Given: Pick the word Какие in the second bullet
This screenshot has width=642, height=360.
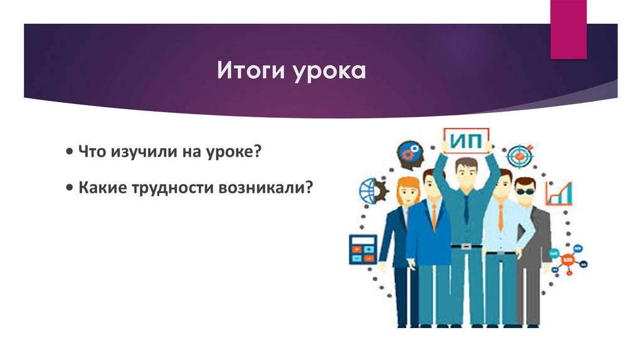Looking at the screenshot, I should pyautogui.click(x=100, y=188).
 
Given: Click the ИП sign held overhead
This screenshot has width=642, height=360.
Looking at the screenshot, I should pyautogui.click(x=466, y=140).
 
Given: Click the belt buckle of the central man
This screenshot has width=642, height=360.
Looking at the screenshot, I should pyautogui.click(x=466, y=246).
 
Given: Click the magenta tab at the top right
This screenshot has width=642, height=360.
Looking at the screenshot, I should pyautogui.click(x=568, y=29).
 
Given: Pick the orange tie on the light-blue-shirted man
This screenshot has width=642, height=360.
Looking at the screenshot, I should pyautogui.click(x=500, y=216).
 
